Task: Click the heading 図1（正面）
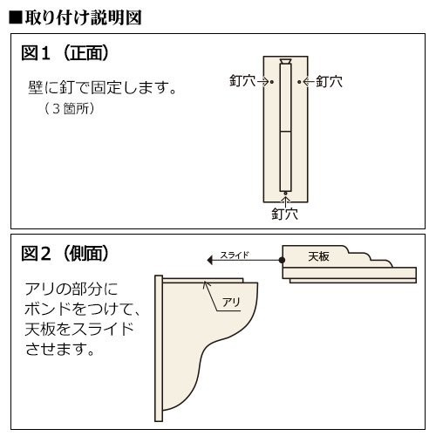65,54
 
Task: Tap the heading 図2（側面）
65,255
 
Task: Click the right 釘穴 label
328,82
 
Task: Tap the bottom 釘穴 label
285,213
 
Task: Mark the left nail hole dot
271,82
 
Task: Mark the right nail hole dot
299,82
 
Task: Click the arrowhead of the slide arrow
208,260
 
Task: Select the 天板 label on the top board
320,257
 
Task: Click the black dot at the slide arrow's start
283,260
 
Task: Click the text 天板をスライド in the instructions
79,329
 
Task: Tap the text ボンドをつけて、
79,308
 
